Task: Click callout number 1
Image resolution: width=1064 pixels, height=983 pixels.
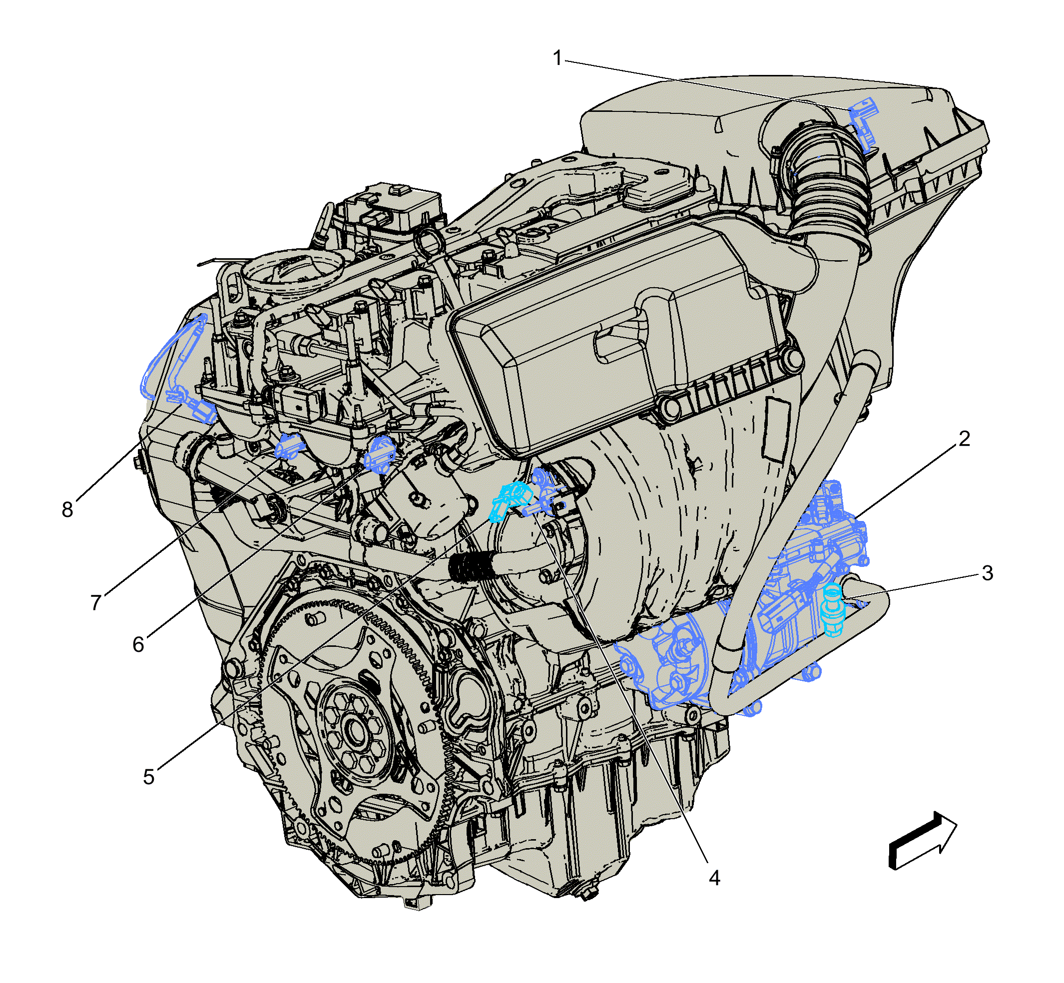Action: click(x=557, y=58)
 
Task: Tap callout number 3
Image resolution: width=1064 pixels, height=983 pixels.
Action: click(x=987, y=573)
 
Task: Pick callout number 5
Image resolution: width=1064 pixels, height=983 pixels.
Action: click(x=149, y=777)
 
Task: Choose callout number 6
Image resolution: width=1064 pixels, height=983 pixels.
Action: click(x=138, y=644)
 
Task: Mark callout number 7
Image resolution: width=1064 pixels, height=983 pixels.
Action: click(x=96, y=603)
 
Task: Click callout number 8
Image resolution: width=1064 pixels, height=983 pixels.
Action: click(x=67, y=509)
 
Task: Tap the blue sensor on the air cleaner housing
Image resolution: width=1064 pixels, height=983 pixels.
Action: click(x=863, y=123)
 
